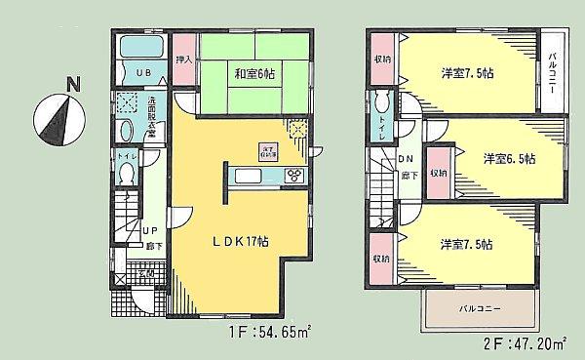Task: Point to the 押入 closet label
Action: coord(182,60)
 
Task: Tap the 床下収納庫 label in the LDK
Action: coord(267,151)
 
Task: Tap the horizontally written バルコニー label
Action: coord(480,310)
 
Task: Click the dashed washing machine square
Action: coord(127,104)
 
